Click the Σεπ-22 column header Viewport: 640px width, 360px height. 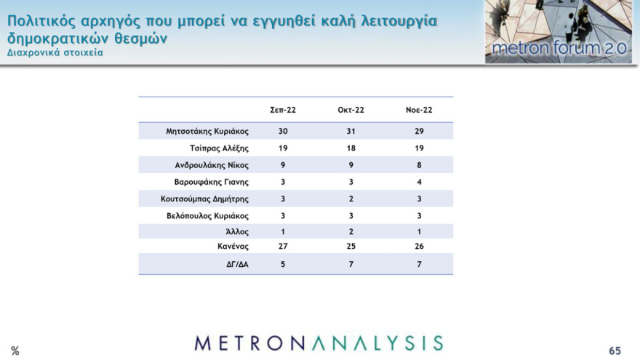click(x=283, y=110)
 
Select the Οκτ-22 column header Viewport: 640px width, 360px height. click(x=351, y=110)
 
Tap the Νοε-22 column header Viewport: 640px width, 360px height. click(x=419, y=110)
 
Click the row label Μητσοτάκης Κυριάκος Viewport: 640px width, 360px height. click(x=207, y=132)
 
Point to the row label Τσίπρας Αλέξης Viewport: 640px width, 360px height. click(x=219, y=148)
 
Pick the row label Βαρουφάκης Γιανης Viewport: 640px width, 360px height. click(x=212, y=182)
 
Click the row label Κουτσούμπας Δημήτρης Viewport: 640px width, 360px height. click(x=205, y=199)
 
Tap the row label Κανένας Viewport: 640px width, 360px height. click(x=232, y=247)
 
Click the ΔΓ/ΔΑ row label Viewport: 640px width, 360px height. click(x=237, y=265)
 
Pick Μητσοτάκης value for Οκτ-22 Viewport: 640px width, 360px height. click(x=351, y=132)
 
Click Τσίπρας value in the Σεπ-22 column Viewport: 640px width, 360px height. click(x=283, y=148)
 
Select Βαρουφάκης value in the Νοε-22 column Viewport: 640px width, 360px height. click(x=419, y=182)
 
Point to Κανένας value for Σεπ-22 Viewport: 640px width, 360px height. click(x=283, y=247)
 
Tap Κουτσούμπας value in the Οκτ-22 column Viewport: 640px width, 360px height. click(x=351, y=199)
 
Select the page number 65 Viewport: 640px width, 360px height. click(x=615, y=351)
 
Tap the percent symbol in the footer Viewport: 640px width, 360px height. click(x=15, y=351)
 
